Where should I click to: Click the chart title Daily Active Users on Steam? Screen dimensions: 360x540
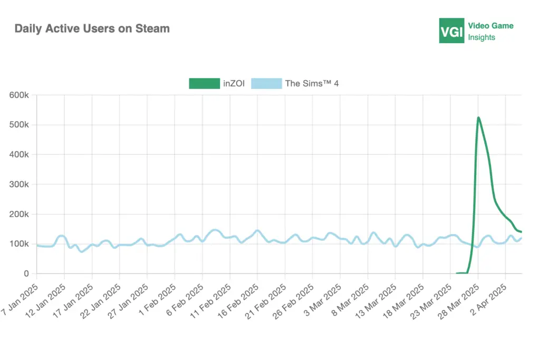point(92,28)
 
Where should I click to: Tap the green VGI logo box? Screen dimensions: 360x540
point(451,31)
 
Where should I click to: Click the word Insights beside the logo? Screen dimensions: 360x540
point(481,37)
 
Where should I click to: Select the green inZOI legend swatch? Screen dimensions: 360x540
point(204,83)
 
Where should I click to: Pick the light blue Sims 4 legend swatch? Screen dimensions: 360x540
point(266,83)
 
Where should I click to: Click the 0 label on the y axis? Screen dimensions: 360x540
point(26,274)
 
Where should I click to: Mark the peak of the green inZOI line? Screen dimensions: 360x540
point(478,118)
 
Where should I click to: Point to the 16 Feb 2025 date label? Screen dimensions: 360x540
point(239,298)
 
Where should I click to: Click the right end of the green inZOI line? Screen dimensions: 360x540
point(522,232)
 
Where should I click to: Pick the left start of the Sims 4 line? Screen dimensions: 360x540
point(37,245)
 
